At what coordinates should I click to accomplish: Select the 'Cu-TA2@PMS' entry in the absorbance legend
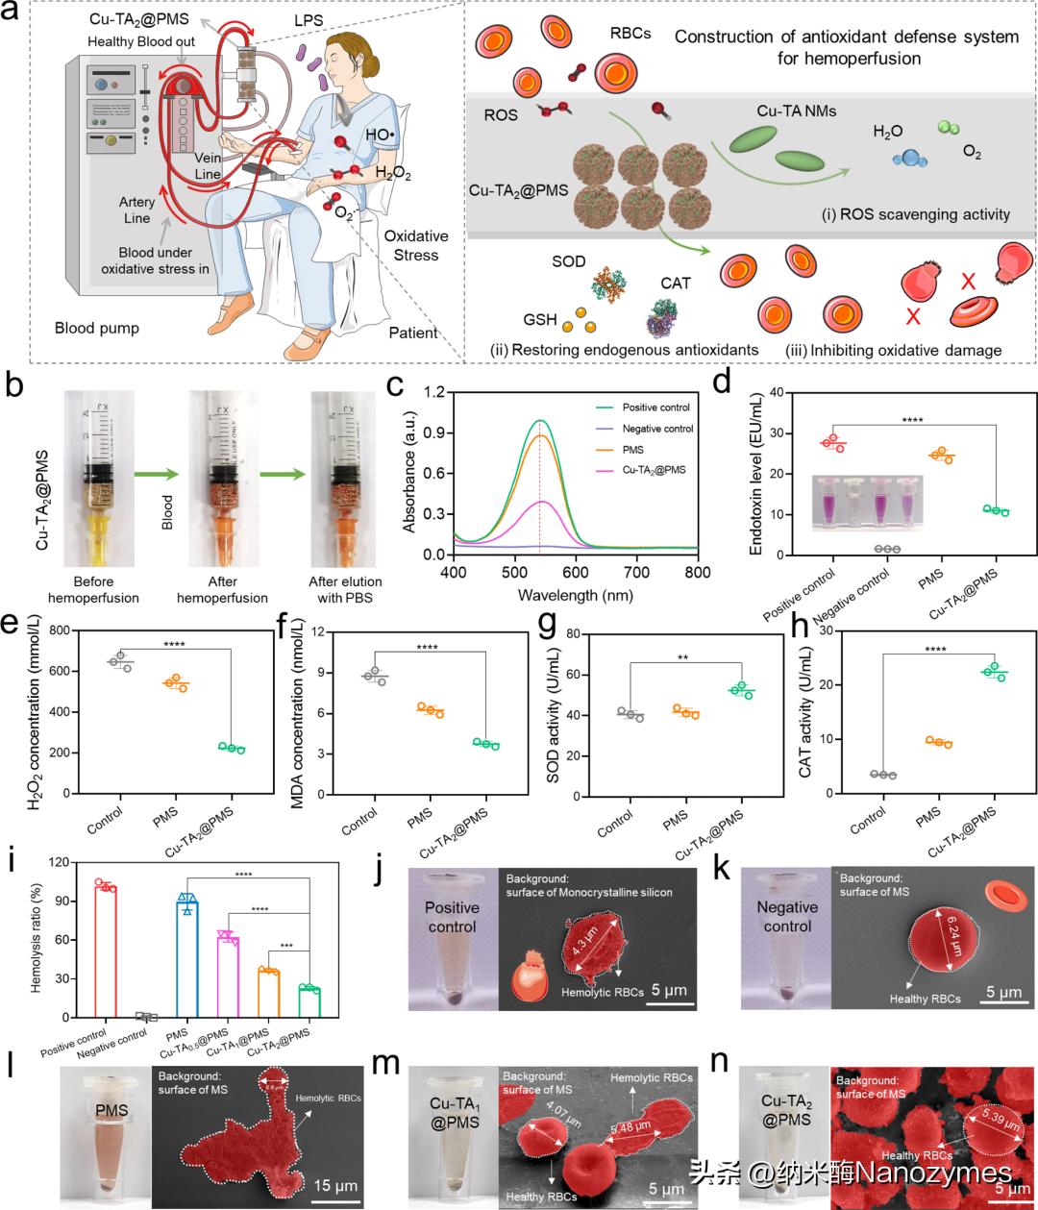tap(654, 470)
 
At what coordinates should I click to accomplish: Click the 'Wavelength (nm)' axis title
tap(577, 595)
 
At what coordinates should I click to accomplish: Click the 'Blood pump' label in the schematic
tap(96, 328)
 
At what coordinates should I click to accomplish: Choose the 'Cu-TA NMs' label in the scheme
tap(796, 111)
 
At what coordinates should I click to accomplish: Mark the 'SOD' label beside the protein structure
tap(569, 261)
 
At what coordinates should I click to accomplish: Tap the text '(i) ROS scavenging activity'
tap(915, 214)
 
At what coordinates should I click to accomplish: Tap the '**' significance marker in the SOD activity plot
tap(683, 658)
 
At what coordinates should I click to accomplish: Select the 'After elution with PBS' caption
tap(345, 589)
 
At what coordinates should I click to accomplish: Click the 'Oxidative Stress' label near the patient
tap(415, 245)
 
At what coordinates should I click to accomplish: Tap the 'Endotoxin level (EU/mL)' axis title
tap(756, 473)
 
